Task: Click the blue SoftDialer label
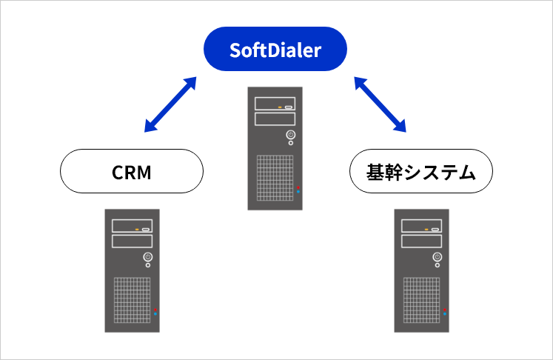tap(276, 50)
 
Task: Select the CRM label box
tap(131, 173)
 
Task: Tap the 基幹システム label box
tap(420, 173)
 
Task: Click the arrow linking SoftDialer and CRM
tap(170, 104)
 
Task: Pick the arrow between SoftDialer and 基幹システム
tap(381, 104)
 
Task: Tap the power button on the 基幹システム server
tap(438, 258)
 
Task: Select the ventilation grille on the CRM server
tap(131, 299)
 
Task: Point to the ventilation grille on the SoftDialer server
tap(274, 177)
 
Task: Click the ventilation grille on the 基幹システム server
tap(420, 299)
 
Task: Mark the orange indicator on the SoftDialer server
tap(280, 107)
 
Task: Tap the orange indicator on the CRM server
tap(137, 229)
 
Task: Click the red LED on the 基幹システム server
tap(445, 308)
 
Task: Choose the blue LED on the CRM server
tap(155, 314)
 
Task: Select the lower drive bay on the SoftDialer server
tap(275, 119)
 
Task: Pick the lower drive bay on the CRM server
tap(132, 241)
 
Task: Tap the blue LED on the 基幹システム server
tap(445, 314)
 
